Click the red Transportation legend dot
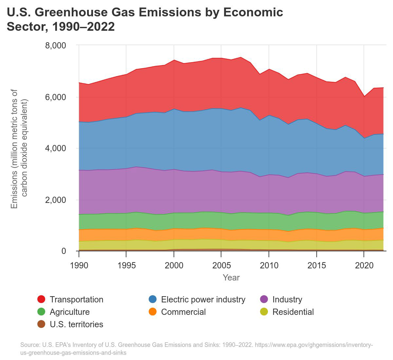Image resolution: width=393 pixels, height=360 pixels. click(41, 299)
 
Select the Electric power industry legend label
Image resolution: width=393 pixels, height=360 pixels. click(203, 299)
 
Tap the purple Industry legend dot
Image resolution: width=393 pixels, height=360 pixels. click(264, 299)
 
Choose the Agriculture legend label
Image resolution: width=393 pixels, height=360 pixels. click(69, 312)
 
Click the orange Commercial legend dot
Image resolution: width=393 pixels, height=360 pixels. click(153, 312)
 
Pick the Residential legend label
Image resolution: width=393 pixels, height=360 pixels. click(293, 312)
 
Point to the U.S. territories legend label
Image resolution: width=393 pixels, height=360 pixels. click(76, 324)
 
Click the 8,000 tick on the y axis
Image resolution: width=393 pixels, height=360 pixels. click(55, 45)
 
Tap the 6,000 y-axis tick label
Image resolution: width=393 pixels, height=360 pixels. click(55, 97)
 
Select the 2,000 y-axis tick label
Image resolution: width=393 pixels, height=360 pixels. click(55, 200)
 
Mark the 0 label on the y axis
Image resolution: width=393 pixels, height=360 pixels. click(64, 251)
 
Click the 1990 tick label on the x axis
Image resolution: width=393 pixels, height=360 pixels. click(79, 265)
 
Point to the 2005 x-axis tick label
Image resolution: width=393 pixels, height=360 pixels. click(221, 265)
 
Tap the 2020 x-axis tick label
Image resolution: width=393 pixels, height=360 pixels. click(364, 265)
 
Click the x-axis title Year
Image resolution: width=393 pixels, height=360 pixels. click(231, 278)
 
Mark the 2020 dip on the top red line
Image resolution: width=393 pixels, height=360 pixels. click(364, 96)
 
